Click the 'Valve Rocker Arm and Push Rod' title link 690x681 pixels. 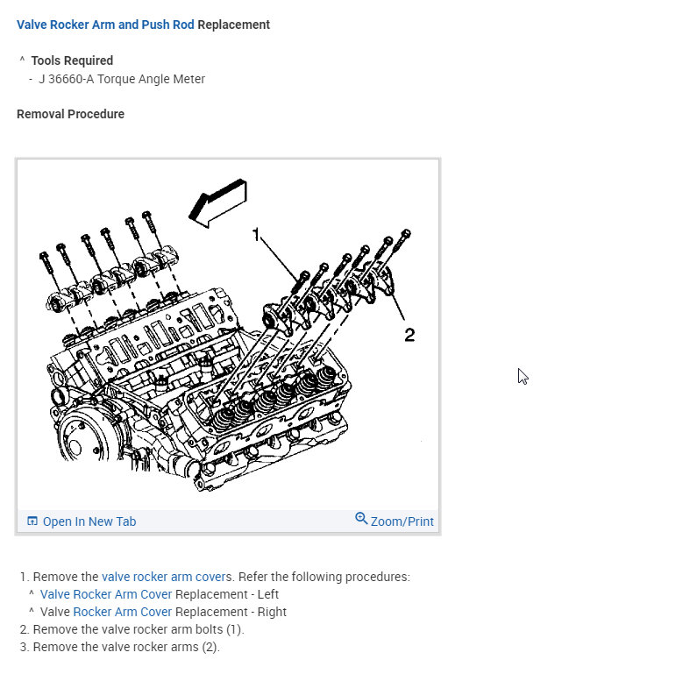click(105, 25)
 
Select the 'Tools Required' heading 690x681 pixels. click(72, 60)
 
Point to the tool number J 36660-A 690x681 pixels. click(67, 79)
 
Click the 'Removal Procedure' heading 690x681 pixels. click(70, 114)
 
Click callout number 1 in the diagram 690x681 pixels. click(257, 234)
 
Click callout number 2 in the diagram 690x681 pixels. click(409, 334)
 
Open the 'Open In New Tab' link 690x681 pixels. click(89, 521)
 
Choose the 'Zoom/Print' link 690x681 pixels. click(402, 521)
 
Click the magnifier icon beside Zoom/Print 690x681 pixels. click(361, 519)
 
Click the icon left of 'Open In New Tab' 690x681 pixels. click(32, 521)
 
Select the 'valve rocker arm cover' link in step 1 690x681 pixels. click(163, 577)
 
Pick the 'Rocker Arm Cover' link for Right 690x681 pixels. click(122, 612)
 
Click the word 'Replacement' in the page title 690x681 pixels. click(234, 25)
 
